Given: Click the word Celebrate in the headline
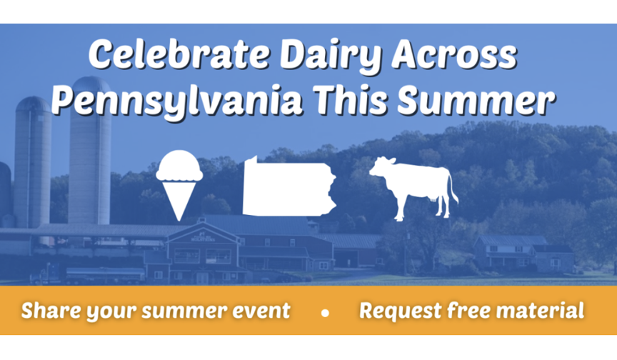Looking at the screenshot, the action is [x=179, y=55].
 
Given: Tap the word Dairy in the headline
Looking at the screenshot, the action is [x=330, y=56].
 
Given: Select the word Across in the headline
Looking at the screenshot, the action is [x=454, y=55].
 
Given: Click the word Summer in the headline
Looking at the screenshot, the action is [x=476, y=100].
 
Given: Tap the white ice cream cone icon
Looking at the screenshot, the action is [x=179, y=185].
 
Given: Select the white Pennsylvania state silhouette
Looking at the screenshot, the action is [x=289, y=186].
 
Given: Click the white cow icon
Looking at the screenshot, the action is [x=413, y=188].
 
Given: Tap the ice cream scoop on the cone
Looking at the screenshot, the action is [x=179, y=165].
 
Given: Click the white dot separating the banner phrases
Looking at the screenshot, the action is [x=325, y=313].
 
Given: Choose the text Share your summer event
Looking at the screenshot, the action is [x=156, y=311].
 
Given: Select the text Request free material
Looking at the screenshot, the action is [x=471, y=311].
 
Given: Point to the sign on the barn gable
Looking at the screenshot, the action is [x=203, y=238].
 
